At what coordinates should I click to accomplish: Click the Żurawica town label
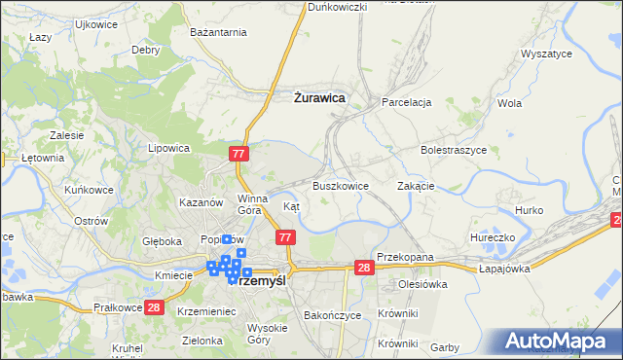click(319, 96)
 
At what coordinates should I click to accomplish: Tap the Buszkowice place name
click(340, 185)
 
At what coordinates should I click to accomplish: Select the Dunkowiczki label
click(337, 7)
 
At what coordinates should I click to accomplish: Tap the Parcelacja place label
click(407, 101)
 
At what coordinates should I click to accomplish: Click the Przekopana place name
click(404, 257)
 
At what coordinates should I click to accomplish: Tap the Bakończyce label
click(333, 316)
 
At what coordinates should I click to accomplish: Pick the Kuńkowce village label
click(87, 190)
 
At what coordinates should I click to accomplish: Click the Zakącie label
click(416, 185)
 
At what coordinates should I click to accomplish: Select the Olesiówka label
click(421, 285)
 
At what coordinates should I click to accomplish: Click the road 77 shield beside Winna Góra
click(240, 154)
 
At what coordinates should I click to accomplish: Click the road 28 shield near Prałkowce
click(153, 306)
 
